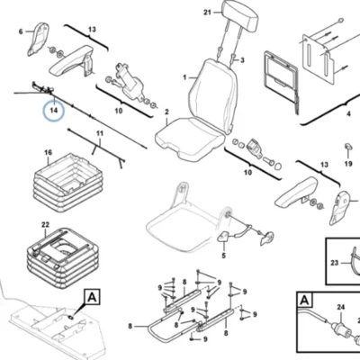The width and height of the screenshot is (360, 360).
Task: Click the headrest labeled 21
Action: [x=241, y=15]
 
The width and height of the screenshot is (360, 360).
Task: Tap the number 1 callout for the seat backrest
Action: [x=184, y=77]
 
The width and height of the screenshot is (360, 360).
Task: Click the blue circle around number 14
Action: [x=54, y=110]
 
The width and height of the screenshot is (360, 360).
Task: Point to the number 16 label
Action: [x=49, y=153]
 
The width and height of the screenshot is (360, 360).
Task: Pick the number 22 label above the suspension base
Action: [x=45, y=225]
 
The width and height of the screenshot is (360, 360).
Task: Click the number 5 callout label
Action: [x=224, y=256]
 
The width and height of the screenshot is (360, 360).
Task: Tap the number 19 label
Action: [x=348, y=164]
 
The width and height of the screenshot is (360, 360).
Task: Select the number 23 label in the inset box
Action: [x=335, y=263]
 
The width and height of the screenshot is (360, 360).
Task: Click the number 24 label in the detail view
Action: [x=341, y=307]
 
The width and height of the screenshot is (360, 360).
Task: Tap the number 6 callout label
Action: [x=21, y=31]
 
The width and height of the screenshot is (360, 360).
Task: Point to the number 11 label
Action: [x=100, y=134]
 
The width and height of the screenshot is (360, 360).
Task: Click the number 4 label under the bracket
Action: [x=348, y=114]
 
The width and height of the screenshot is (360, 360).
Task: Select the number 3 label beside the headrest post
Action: [x=242, y=60]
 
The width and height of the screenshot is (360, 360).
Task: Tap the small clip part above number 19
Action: [x=347, y=146]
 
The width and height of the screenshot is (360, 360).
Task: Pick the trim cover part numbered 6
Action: [x=37, y=39]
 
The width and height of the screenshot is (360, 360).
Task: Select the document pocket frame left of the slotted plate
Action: [x=281, y=78]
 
